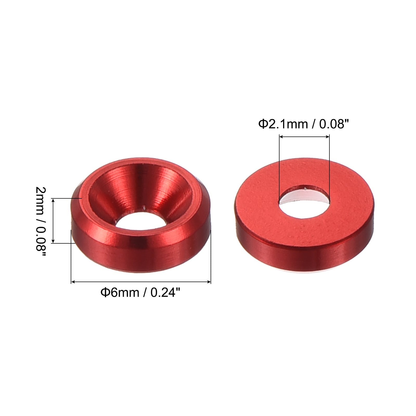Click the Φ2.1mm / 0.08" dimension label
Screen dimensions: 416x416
tap(303, 124)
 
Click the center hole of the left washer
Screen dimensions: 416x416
tap(140, 221)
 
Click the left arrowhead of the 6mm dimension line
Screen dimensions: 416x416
tap(73, 282)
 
